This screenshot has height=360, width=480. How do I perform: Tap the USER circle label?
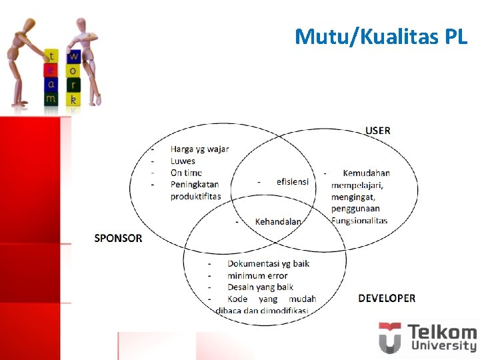pos(378,131)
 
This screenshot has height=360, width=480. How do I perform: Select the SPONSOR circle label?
pos(118,238)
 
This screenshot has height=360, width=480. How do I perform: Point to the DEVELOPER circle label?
pos(387,298)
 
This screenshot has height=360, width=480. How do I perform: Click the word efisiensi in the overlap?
pos(293,181)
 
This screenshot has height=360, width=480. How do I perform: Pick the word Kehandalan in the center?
pos(278,221)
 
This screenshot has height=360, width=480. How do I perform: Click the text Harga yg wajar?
pos(199,149)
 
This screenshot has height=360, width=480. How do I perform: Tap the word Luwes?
pos(183,161)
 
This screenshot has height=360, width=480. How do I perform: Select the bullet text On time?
pos(186,173)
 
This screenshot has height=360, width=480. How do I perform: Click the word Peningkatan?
pos(195,184)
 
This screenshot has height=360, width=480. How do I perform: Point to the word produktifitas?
pos(195,196)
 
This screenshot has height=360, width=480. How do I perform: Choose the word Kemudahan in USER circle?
pos(366,173)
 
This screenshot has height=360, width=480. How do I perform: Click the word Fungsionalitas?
pos(359,221)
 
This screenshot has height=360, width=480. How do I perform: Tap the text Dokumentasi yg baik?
pos(268,263)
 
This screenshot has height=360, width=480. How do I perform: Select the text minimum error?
pos(257,275)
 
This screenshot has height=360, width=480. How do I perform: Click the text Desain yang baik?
pos(260,287)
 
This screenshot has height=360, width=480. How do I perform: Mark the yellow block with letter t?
pos(52,56)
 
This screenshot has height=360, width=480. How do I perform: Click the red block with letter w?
pos(74,56)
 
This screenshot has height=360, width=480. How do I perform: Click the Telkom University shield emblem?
pos(389,337)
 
